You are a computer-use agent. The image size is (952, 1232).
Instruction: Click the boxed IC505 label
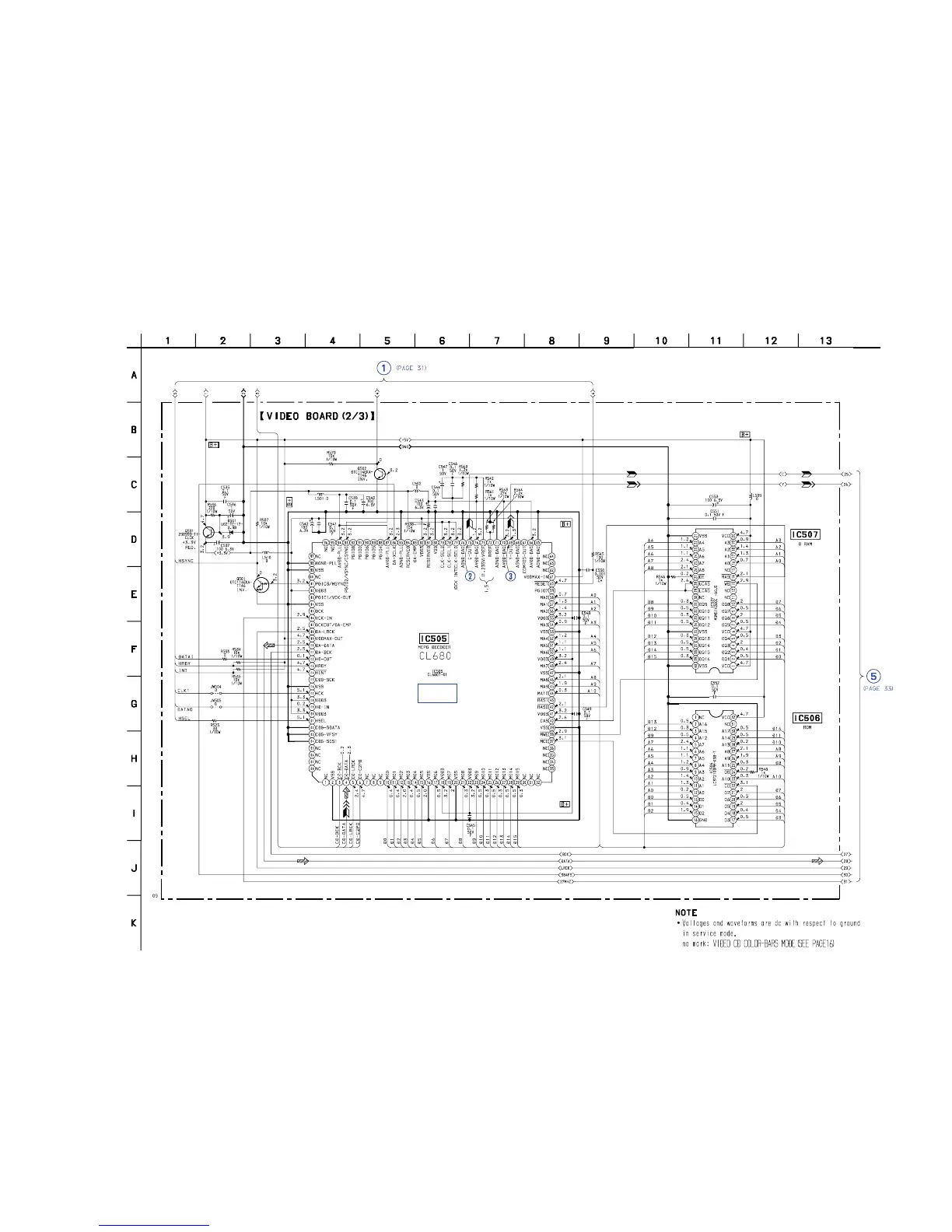436,639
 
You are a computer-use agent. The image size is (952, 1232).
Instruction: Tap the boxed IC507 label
805,534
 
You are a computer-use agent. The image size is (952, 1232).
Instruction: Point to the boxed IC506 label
806,718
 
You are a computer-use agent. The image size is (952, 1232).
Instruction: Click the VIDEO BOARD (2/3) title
317,416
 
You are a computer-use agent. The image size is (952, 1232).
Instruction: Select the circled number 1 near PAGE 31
383,368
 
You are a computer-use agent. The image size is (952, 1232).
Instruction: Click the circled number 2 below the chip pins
470,576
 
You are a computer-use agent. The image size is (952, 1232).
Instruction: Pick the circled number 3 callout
510,576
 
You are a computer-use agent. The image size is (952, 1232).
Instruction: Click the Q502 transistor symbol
379,474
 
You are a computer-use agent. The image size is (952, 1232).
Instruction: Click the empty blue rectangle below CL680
436,693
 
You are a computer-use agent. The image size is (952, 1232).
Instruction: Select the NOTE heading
686,912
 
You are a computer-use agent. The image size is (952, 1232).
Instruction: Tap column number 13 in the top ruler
826,341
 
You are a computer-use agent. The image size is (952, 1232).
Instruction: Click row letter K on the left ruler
134,923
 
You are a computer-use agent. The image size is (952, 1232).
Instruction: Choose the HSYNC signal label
185,561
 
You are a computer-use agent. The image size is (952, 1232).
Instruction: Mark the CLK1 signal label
184,690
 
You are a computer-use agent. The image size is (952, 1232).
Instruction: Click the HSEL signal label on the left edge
184,719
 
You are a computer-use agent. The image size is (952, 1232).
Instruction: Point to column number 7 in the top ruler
497,341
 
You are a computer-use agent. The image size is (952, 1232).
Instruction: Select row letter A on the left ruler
134,375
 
